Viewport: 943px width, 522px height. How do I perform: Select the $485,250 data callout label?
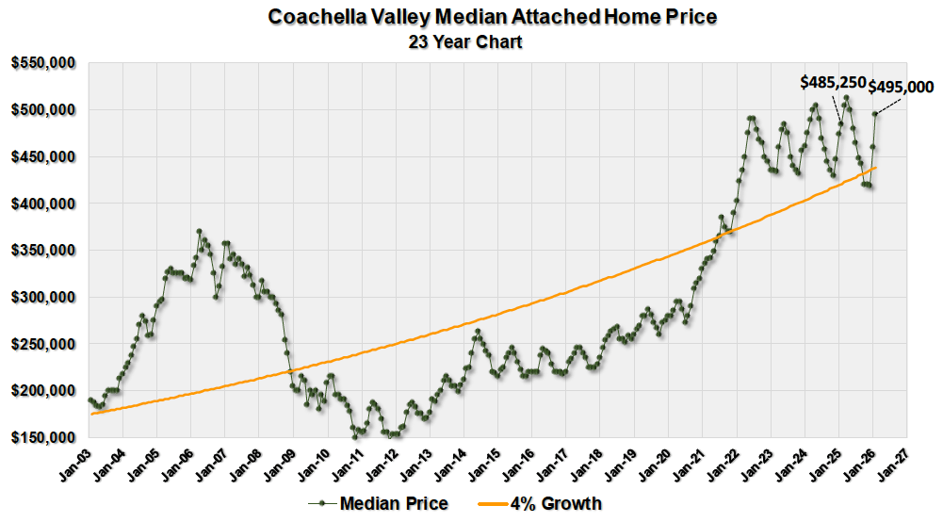click(x=833, y=83)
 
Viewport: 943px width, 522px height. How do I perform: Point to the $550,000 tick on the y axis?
click(x=43, y=63)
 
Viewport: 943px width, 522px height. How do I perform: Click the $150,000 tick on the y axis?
click(x=43, y=438)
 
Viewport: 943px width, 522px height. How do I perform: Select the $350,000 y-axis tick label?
click(x=43, y=251)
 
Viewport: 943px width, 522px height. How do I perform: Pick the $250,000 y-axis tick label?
click(x=43, y=344)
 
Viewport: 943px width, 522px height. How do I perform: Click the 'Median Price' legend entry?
click(x=382, y=503)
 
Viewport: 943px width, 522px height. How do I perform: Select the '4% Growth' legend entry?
click(x=555, y=503)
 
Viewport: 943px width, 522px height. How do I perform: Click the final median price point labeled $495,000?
click(x=875, y=114)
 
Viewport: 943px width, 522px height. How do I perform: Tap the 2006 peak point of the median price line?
click(x=199, y=231)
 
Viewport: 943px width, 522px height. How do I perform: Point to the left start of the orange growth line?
click(x=90, y=414)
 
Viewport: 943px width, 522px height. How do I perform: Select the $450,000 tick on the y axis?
click(x=43, y=156)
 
